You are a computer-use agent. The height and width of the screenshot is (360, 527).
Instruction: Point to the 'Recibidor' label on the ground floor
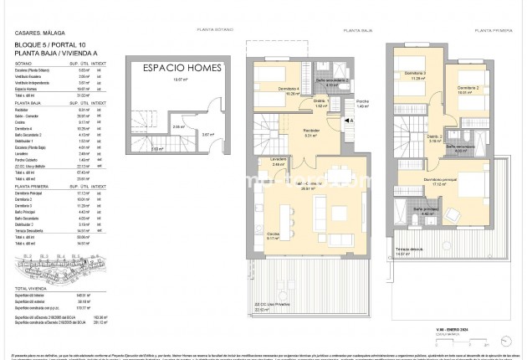pos(311,131)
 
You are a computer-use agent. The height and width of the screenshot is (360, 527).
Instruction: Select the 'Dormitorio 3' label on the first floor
pos(415,74)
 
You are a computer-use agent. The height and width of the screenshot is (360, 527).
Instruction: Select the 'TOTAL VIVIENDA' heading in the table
pos(30,287)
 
